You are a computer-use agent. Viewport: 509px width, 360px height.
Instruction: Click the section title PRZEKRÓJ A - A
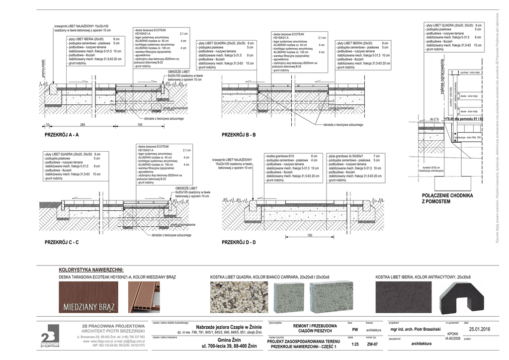tap(61, 135)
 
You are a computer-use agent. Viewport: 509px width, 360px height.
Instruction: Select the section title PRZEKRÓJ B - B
tap(239, 135)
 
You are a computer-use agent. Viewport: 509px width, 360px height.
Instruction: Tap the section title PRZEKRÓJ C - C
tap(62, 242)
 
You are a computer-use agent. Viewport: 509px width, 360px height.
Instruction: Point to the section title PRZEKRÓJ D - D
tap(239, 242)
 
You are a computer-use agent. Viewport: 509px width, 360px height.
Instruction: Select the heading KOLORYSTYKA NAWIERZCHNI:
tap(91, 270)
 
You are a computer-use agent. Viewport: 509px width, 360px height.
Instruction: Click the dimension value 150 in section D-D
tap(309, 235)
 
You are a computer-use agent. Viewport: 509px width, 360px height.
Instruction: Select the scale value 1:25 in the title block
tap(354, 344)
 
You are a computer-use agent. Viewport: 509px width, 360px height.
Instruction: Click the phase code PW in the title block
tap(355, 330)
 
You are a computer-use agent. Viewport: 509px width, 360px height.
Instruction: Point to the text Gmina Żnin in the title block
tap(229, 340)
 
